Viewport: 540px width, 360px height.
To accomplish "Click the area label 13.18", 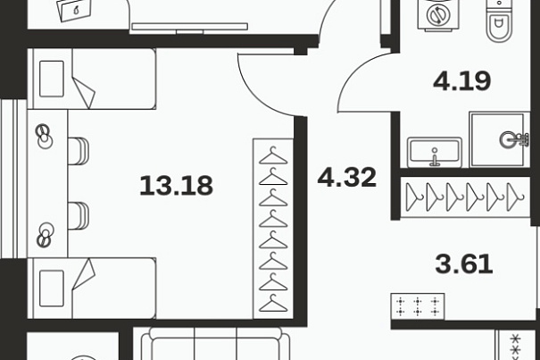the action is (177, 186).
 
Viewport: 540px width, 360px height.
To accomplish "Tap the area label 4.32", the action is (347, 177).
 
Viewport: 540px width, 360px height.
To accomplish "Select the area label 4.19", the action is (461, 81).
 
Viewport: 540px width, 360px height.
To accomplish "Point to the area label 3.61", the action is (464, 264).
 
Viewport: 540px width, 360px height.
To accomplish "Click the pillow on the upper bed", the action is (52, 79).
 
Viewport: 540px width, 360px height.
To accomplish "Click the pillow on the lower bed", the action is (52, 289).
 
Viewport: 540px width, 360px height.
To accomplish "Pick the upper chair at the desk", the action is (79, 151).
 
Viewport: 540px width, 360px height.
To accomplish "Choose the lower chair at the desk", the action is (79, 216).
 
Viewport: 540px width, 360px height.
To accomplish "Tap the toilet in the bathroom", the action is (498, 21).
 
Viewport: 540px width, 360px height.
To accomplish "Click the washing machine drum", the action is (438, 15).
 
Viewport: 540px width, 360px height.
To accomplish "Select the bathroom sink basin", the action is (435, 152).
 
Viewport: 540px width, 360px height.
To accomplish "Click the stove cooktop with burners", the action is (418, 307).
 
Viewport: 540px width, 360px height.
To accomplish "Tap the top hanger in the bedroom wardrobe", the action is (273, 155).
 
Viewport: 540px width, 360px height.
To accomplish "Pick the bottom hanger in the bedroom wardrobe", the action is (273, 304).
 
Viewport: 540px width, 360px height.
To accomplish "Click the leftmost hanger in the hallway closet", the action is (414, 197).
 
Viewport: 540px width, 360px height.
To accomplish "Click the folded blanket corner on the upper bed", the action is (84, 93).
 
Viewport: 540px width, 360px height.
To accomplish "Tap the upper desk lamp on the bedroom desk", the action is (45, 136).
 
